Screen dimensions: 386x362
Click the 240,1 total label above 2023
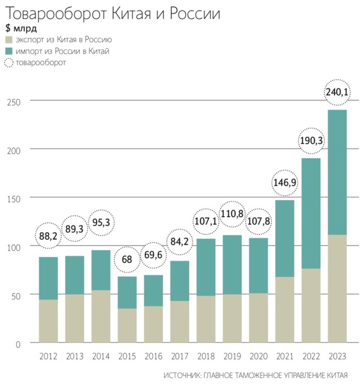[337, 92]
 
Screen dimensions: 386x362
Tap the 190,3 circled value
[311, 141]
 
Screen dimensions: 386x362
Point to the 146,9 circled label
[284, 182]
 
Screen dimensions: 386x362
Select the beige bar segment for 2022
[311, 305]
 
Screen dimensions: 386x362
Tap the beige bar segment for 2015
[127, 326]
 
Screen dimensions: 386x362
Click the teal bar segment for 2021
[284, 238]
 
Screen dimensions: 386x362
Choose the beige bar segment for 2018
[206, 319]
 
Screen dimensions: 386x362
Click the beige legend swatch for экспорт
[8, 40]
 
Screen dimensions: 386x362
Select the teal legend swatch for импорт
[8, 51]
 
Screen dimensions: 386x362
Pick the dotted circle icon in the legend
[8, 63]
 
